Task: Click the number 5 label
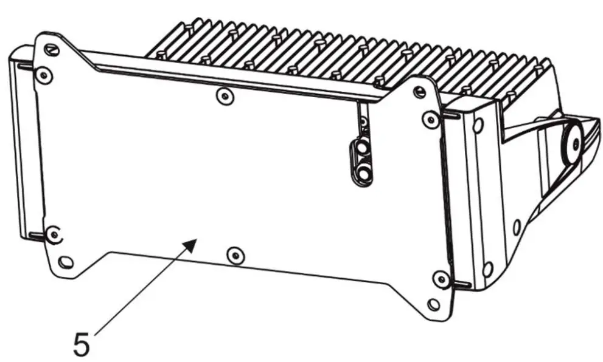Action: pos(82,343)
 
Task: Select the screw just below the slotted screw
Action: pos(41,75)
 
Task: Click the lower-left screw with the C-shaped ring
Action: pos(54,233)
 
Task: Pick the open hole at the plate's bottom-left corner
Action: pos(66,262)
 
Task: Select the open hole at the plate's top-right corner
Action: pos(419,92)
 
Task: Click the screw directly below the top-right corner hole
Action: pos(431,118)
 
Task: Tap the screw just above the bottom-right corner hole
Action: pos(441,279)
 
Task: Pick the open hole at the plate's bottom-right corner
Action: pos(433,304)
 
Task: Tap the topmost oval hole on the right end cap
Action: pos(478,126)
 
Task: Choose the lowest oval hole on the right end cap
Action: pos(487,268)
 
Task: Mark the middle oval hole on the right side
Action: pos(517,227)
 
